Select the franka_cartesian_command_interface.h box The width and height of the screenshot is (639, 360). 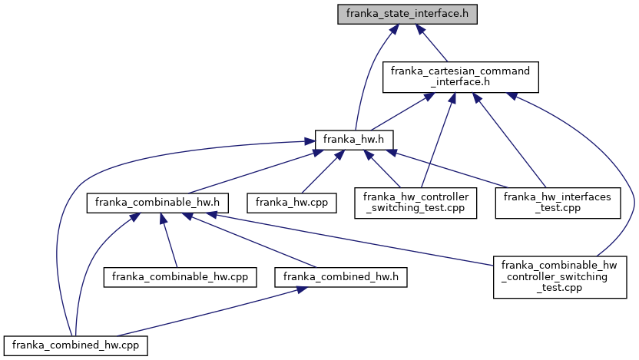[460, 78]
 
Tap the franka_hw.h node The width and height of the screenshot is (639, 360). [354, 140]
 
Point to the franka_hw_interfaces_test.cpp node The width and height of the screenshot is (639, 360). [557, 203]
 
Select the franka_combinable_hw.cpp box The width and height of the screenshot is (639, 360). [180, 275]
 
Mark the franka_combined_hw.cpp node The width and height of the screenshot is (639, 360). [74, 345]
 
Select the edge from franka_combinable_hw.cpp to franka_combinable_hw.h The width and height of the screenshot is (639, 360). [169, 238]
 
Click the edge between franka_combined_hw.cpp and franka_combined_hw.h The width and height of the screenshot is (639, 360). [207, 310]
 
